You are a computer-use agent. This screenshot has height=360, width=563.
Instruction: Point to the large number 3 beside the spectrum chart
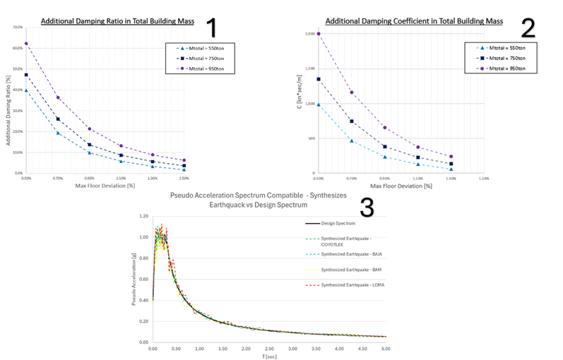point(367,207)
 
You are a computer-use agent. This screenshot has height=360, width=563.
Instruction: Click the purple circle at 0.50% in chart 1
point(26,44)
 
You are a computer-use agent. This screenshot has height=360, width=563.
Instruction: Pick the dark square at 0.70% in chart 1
point(58,119)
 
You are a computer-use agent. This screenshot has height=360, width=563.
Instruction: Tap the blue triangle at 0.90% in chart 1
point(90,152)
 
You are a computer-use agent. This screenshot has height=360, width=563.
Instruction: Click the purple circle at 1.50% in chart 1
point(184,160)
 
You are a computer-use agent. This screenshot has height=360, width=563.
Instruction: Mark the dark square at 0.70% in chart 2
point(351,121)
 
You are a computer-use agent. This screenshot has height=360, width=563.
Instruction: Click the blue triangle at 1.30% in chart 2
point(451,169)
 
